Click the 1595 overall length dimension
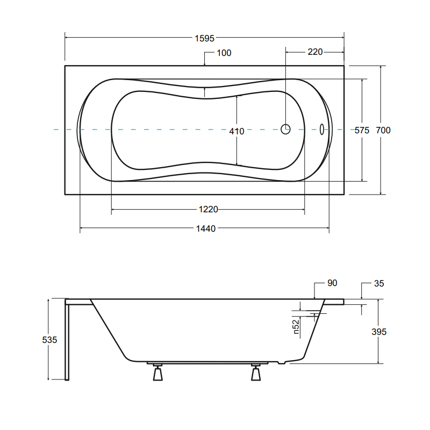204,38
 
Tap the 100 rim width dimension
224,53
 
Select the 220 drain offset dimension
315,52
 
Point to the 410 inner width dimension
236,131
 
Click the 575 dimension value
362,131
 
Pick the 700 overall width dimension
383,131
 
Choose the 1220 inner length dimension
208,209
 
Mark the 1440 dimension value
205,228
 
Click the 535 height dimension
49,339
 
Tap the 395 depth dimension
379,332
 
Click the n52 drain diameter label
296,326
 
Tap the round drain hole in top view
285,129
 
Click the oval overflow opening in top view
321,129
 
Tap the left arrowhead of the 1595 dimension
67,38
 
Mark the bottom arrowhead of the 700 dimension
381,192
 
